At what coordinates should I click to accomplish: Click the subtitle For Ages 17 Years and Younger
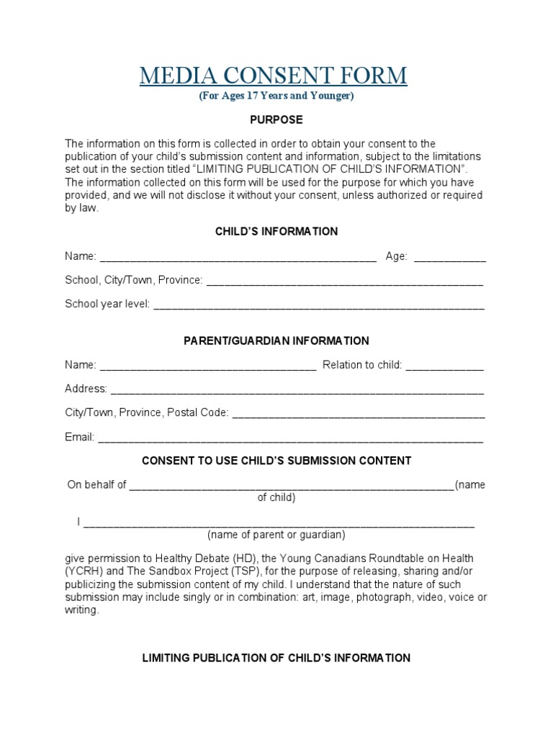pos(276,96)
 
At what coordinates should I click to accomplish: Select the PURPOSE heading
pos(276,119)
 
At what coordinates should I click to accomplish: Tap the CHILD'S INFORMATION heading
pos(276,231)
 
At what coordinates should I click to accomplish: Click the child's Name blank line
pos(238,256)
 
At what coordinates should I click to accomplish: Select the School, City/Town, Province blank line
pos(344,281)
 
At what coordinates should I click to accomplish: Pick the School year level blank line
pos(319,304)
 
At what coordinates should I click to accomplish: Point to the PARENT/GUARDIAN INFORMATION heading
pos(276,340)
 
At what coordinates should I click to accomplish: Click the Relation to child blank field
pos(444,366)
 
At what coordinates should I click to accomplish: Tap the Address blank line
pos(297,389)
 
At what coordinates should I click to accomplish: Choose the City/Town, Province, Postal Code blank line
pos(359,413)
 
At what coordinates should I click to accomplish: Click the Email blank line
pos(290,438)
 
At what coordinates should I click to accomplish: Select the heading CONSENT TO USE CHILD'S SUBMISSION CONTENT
pos(276,460)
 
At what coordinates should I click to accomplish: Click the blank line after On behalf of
pos(292,485)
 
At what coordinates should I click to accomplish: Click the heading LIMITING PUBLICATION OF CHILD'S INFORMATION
pos(276,658)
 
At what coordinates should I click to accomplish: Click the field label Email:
pos(79,437)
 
